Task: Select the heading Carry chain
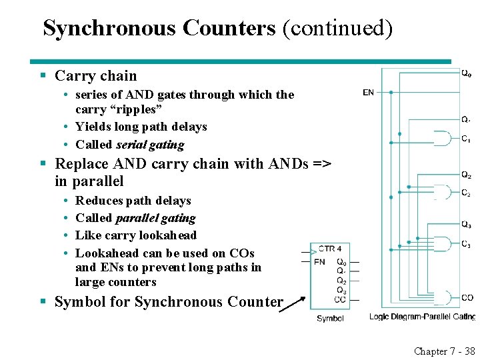click(95, 76)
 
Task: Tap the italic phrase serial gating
click(150, 144)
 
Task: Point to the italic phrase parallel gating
click(155, 218)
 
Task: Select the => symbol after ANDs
click(321, 164)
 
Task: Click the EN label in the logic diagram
click(368, 93)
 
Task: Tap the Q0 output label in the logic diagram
click(467, 73)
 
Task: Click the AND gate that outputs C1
click(442, 139)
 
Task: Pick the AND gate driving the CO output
click(442, 297)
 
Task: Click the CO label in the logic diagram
click(467, 297)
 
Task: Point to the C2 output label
click(466, 193)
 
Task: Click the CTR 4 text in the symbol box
click(330, 249)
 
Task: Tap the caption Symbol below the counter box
click(330, 319)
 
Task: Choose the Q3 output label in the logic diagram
click(466, 224)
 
